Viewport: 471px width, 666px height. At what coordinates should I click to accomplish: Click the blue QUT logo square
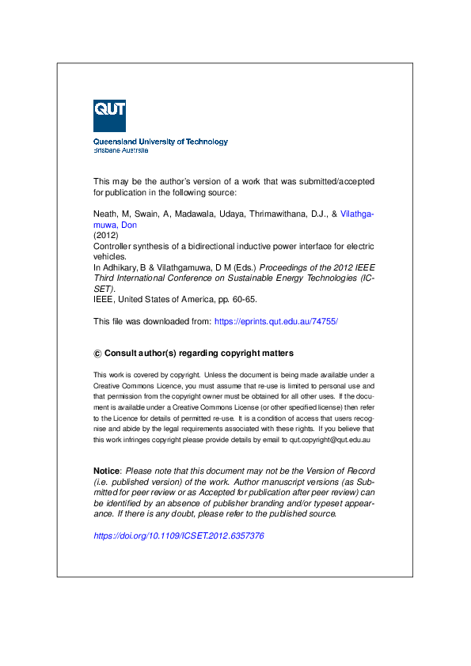coord(109,115)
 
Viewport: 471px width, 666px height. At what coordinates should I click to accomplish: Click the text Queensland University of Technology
coord(160,142)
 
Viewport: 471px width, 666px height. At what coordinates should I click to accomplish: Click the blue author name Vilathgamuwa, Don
coord(356,214)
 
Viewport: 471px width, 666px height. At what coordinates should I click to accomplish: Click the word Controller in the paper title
coord(113,247)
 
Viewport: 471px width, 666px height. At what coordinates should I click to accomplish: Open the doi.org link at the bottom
coord(178,535)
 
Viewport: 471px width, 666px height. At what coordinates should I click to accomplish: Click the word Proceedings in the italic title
coord(283,268)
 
